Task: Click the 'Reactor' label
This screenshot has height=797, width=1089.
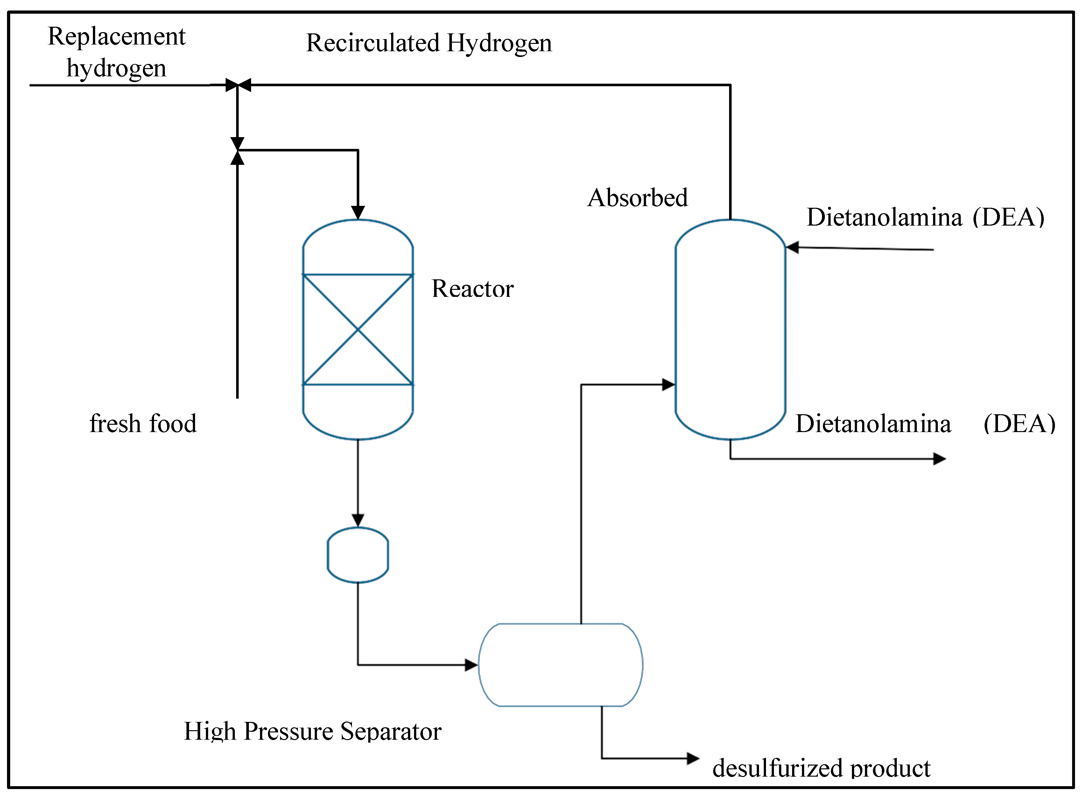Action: pyautogui.click(x=472, y=289)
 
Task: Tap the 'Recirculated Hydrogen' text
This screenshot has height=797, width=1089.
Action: pyautogui.click(x=429, y=43)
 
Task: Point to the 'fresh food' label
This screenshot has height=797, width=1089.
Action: pyautogui.click(x=143, y=423)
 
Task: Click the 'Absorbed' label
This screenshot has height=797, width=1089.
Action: pyautogui.click(x=637, y=198)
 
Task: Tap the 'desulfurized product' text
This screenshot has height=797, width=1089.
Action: pyautogui.click(x=821, y=768)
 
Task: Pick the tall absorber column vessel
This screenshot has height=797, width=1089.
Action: pyautogui.click(x=730, y=330)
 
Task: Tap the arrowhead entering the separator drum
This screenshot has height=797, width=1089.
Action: pyautogui.click(x=471, y=665)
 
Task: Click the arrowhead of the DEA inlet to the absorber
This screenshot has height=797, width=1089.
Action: pyautogui.click(x=792, y=248)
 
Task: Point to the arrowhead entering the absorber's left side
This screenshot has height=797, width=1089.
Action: pyautogui.click(x=669, y=385)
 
